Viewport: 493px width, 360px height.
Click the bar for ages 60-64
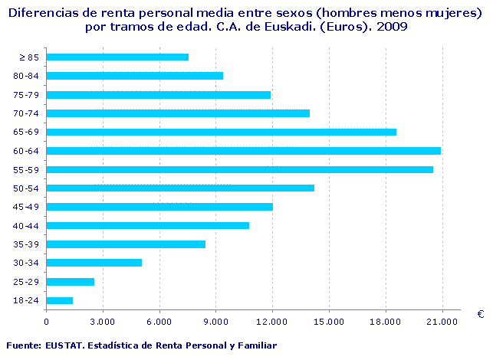[244, 151]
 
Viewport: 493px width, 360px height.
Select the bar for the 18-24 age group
[60, 300]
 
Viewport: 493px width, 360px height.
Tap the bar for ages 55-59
[240, 169]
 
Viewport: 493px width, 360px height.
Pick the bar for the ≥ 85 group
[117, 57]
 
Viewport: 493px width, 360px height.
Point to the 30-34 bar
[94, 263]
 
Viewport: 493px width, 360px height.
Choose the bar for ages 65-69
[222, 132]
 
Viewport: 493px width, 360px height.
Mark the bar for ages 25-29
[71, 282]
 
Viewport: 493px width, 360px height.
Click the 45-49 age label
[27, 207]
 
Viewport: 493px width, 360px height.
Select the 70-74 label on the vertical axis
[27, 113]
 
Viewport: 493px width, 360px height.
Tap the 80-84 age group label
[27, 76]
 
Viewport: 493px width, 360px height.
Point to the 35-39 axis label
[27, 244]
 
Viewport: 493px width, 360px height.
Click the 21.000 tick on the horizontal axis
[442, 321]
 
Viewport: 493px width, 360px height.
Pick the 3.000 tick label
[103, 321]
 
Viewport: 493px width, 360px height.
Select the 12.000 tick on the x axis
[272, 321]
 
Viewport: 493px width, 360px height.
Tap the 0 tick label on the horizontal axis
[47, 321]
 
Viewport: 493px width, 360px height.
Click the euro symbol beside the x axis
[480, 314]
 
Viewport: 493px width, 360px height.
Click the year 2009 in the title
[392, 26]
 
